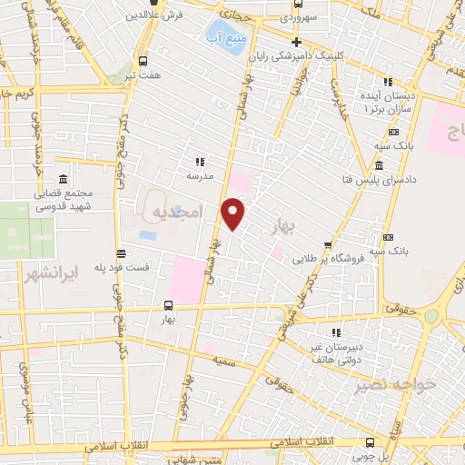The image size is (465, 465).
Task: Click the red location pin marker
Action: (233, 214)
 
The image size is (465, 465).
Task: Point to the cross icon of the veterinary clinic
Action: (296, 42)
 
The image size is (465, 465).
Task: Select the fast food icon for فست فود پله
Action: (121, 254)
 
